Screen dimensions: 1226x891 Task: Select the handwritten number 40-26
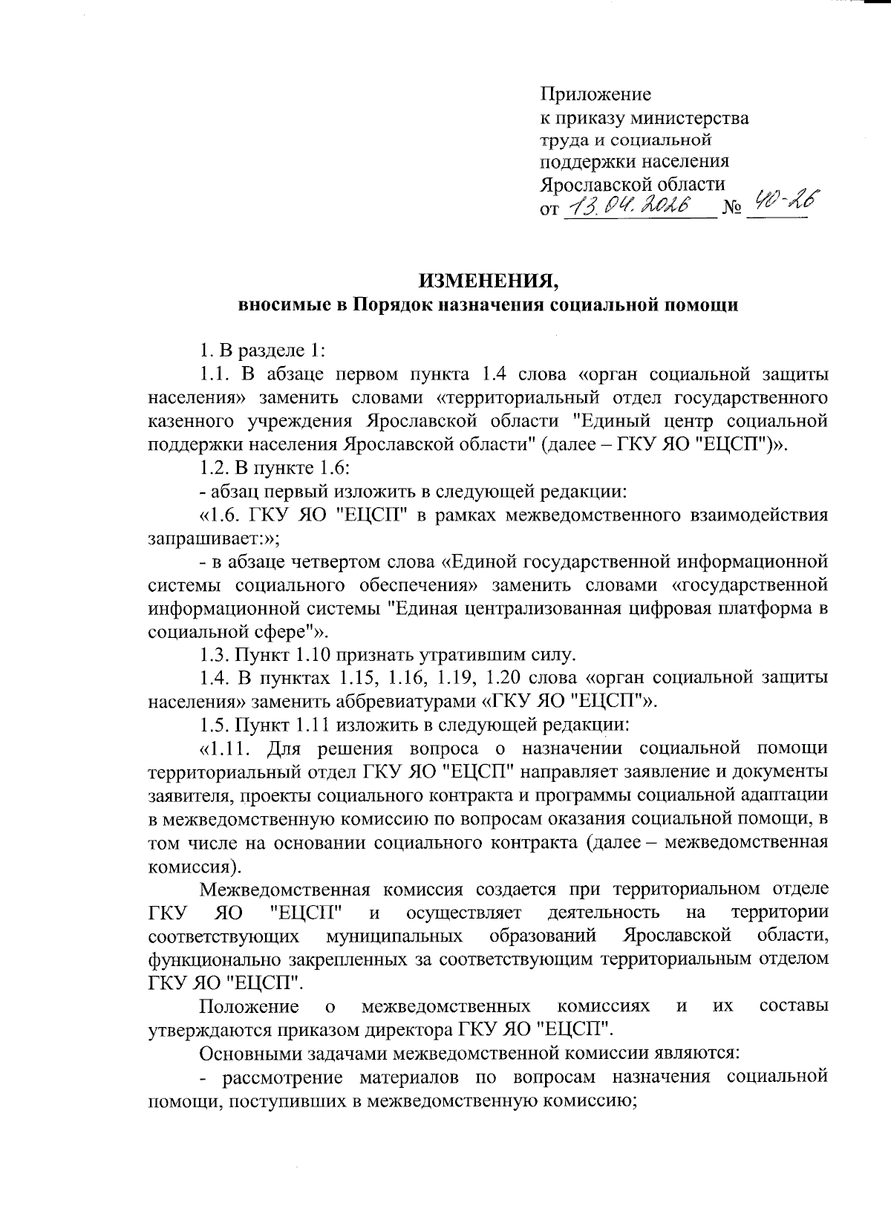click(780, 200)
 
